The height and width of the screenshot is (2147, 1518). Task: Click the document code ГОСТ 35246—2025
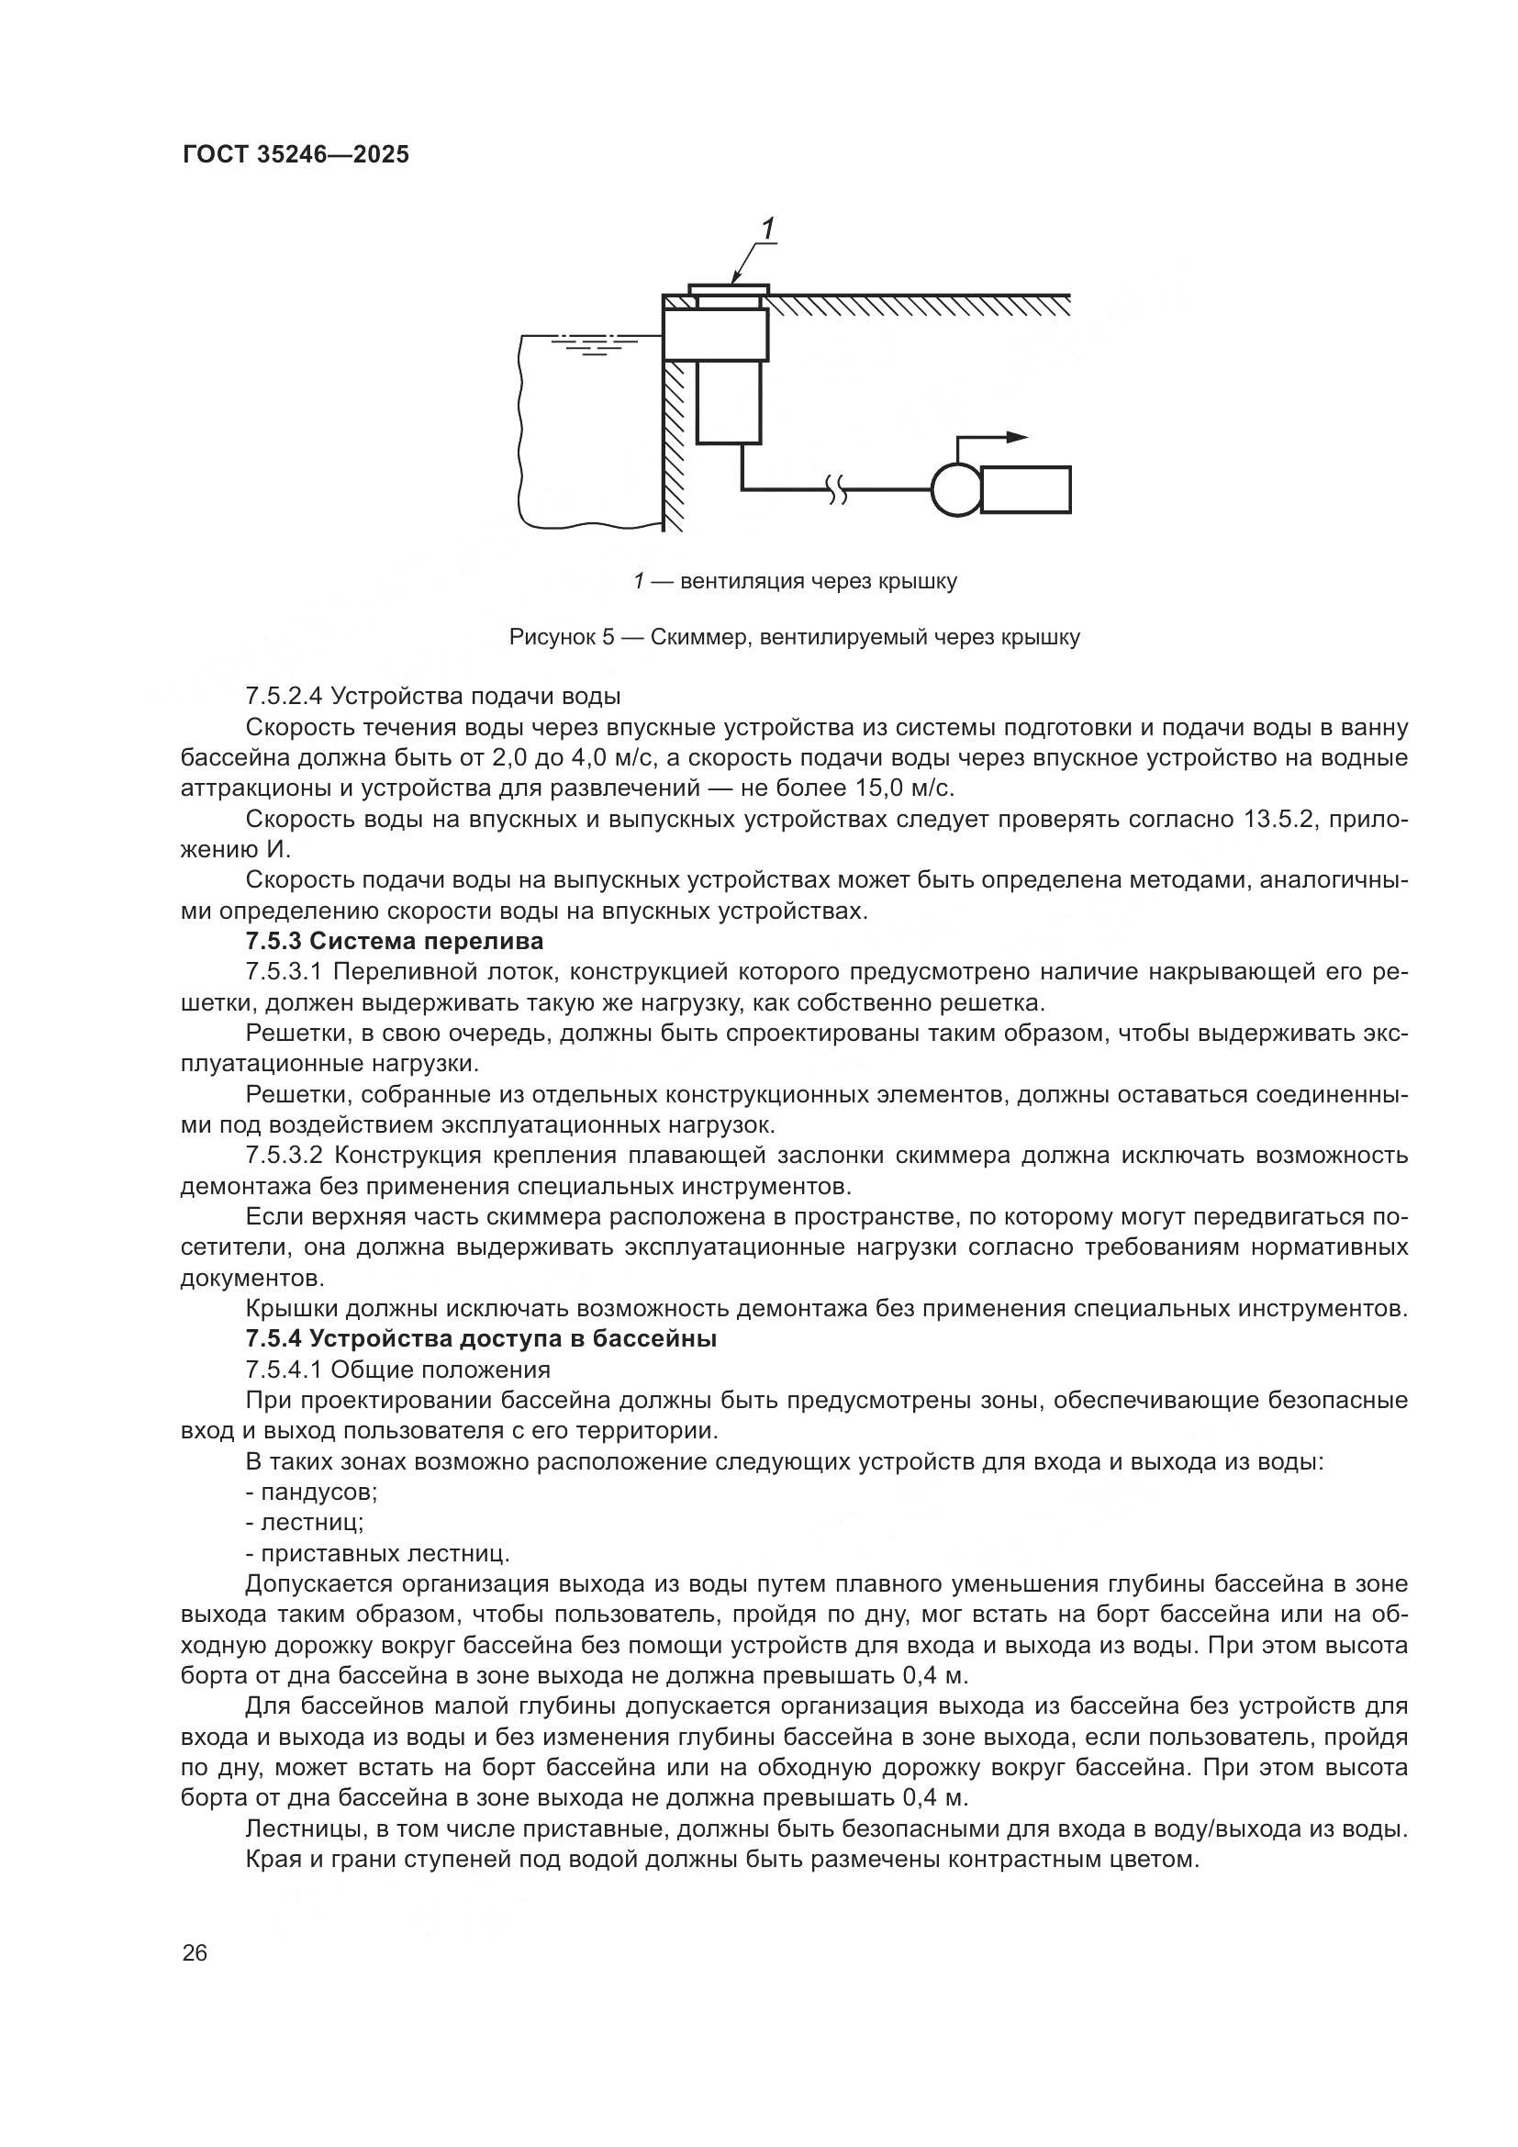point(296,155)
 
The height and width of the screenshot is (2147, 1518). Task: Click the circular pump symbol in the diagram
point(956,489)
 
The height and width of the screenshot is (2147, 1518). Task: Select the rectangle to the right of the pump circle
point(1024,490)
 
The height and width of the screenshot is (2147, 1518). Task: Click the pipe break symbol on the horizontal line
point(838,487)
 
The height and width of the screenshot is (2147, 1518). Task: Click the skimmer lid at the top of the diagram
point(729,289)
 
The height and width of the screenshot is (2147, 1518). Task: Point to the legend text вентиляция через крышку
point(818,582)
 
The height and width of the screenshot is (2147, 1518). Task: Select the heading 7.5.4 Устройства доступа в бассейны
point(480,1339)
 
